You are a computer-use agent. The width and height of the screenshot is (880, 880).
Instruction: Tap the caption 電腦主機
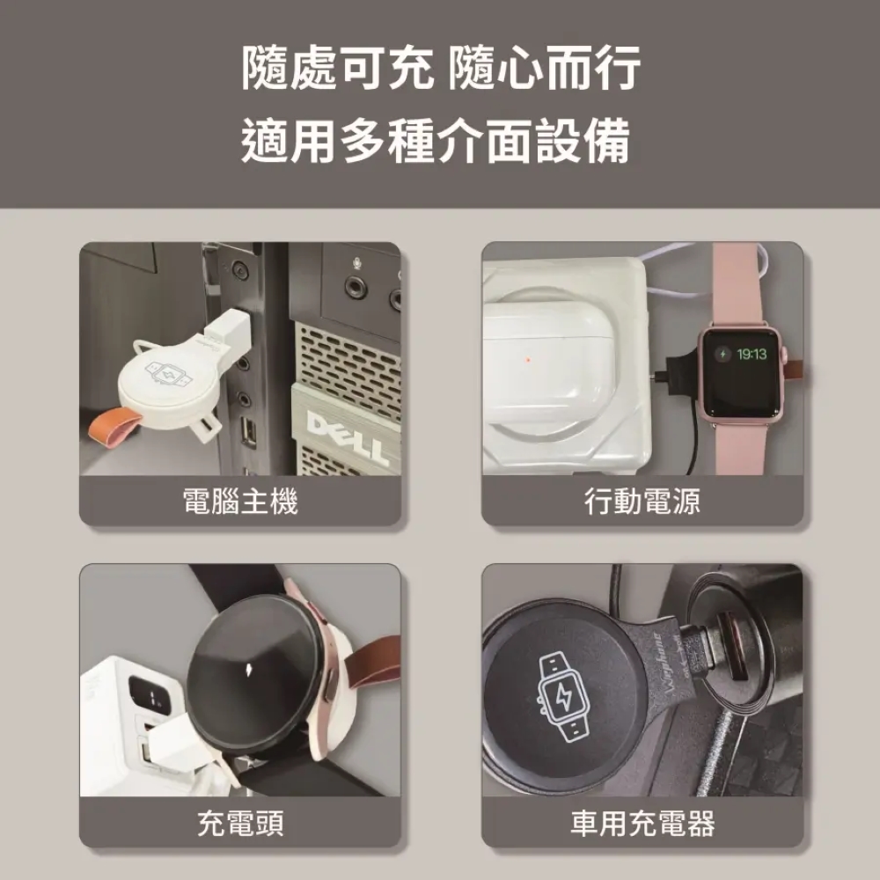(x=240, y=502)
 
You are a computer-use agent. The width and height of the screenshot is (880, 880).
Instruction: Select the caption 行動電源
(x=642, y=502)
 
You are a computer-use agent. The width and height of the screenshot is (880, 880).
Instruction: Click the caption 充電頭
(x=240, y=824)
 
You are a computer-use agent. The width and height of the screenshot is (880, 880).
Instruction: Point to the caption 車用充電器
(x=642, y=824)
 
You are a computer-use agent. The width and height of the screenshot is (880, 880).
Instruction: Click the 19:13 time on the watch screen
(x=752, y=354)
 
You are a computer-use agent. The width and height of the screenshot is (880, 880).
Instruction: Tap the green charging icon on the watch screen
(x=722, y=354)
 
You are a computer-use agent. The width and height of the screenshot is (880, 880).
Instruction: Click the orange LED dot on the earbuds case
(x=527, y=360)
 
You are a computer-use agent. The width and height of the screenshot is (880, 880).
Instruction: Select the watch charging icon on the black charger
(x=563, y=698)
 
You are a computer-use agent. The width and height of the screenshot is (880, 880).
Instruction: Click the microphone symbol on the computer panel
(x=356, y=262)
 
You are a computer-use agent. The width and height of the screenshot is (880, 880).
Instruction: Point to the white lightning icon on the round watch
(x=249, y=669)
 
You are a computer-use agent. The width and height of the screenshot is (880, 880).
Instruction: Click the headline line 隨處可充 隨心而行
(x=441, y=68)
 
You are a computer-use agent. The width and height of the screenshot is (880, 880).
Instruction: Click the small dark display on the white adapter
(x=148, y=696)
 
